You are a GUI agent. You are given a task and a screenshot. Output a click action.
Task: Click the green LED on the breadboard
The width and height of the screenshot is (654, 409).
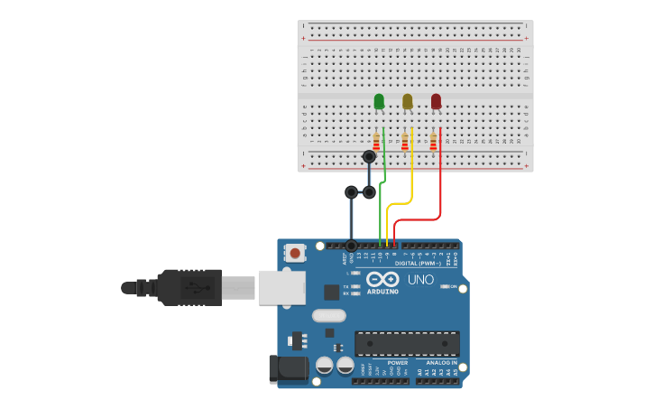379,101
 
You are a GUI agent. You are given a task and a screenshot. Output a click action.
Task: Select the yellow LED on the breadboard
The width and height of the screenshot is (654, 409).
407,101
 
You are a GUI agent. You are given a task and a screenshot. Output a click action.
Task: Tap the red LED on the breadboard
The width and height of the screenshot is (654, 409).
436,101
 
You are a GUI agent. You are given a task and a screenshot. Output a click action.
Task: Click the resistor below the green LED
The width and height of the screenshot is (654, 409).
376,142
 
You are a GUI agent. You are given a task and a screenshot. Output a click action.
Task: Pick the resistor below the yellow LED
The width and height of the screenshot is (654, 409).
405,142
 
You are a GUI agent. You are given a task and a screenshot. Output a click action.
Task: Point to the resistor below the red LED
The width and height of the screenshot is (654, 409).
433,142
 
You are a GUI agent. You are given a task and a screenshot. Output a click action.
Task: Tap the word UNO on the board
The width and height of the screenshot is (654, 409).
420,280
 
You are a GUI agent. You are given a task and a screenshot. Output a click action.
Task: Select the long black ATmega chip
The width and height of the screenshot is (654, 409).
407,343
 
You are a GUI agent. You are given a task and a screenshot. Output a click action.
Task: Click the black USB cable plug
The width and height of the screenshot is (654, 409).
189,287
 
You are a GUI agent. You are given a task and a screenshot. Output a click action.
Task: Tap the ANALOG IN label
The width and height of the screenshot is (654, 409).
441,362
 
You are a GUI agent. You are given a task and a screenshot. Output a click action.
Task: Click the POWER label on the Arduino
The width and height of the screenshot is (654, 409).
398,362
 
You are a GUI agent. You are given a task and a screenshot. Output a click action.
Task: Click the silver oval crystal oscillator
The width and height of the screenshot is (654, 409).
329,316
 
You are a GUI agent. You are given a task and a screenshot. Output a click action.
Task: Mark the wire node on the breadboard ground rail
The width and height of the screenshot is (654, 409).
369,157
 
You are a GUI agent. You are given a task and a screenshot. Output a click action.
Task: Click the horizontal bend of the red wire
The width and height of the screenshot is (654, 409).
417,218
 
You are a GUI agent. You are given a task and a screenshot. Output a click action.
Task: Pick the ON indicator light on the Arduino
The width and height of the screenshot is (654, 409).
444,286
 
